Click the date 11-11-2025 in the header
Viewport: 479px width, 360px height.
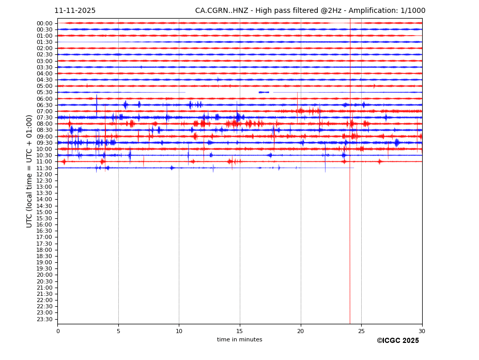(75, 11)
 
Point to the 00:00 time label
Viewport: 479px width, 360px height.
(44, 23)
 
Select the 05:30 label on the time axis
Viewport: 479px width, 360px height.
(44, 93)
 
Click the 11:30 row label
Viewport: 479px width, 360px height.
(44, 168)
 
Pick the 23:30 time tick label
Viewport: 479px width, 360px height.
(44, 319)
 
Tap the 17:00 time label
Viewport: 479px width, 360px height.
(44, 237)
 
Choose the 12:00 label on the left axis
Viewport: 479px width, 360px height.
(44, 174)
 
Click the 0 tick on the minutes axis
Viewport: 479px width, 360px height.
(58, 331)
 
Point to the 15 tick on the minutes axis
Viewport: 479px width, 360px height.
(240, 331)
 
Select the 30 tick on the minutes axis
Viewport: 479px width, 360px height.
(422, 331)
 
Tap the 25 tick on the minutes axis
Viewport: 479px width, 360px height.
(361, 331)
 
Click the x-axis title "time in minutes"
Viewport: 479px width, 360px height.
(239, 340)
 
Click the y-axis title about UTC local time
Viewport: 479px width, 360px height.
(29, 171)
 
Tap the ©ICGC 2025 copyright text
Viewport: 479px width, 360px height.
(397, 341)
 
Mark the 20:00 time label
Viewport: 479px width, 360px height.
(44, 275)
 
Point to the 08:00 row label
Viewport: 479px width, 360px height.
(44, 124)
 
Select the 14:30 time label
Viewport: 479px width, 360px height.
(44, 206)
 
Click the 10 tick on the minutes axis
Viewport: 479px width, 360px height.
(179, 331)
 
